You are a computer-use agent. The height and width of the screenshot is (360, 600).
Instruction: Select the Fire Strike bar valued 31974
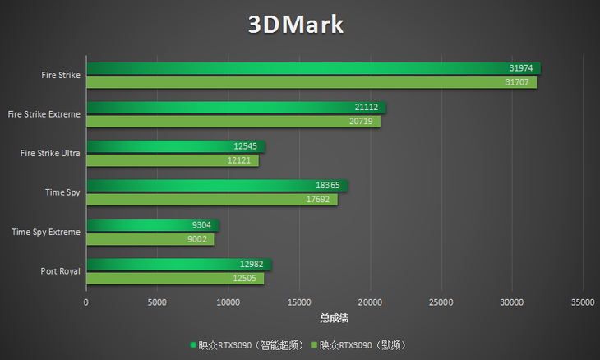pyautogui.click(x=312, y=68)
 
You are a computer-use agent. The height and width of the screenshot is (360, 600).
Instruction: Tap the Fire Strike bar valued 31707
pyautogui.click(x=311, y=82)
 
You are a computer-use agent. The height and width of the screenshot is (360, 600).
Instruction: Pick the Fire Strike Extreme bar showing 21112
pyautogui.click(x=235, y=107)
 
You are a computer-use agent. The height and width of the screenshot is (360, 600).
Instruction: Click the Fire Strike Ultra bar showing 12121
pyautogui.click(x=172, y=160)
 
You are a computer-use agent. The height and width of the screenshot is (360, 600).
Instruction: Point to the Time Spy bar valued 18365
pyautogui.click(x=216, y=186)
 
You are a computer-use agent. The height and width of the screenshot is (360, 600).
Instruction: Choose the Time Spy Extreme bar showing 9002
pyautogui.click(x=150, y=239)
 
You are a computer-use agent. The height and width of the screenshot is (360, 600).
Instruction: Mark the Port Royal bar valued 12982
pyautogui.click(x=178, y=264)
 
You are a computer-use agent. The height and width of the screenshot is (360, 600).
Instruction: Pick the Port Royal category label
pyautogui.click(x=60, y=271)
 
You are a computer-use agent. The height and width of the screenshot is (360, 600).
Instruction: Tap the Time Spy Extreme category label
pyautogui.click(x=46, y=232)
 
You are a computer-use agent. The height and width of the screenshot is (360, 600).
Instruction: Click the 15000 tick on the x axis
pyautogui.click(x=299, y=302)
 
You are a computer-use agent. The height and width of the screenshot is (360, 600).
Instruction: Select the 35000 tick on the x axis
pyautogui.click(x=583, y=302)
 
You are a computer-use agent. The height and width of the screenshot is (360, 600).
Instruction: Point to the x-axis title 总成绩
pyautogui.click(x=335, y=317)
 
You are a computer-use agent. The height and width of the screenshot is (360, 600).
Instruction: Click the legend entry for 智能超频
pyautogui.click(x=250, y=345)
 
